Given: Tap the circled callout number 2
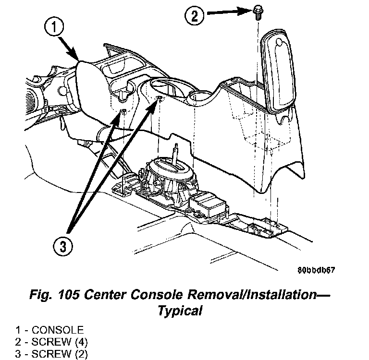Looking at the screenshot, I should click(194, 17).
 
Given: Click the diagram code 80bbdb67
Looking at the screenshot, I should click(316, 269).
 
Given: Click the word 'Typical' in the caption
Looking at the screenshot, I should click(180, 311).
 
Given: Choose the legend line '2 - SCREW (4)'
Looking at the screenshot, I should click(49, 342).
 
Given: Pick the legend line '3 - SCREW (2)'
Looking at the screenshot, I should click(49, 354).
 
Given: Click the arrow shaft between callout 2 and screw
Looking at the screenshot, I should click(226, 16).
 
